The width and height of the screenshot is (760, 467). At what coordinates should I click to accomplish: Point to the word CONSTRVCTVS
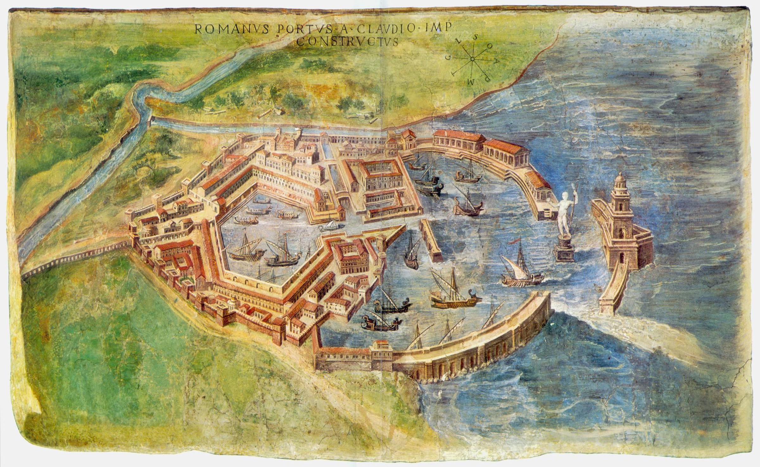click(x=347, y=42)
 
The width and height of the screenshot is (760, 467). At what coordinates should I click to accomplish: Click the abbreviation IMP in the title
click(x=439, y=28)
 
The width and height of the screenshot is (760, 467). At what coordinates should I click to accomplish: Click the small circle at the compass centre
click(x=472, y=59)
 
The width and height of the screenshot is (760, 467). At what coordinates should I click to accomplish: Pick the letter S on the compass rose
click(x=475, y=38)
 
